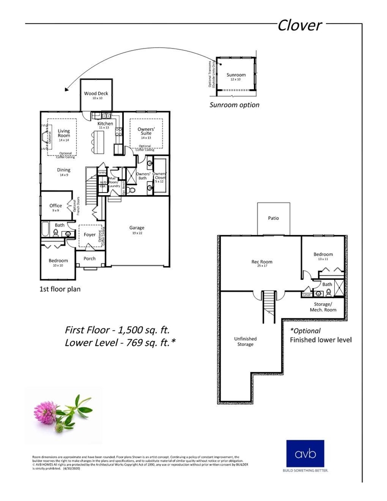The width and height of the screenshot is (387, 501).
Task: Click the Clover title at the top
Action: point(299,25)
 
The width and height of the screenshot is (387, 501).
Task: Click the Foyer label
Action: point(90,235)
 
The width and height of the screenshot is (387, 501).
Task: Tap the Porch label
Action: point(90,258)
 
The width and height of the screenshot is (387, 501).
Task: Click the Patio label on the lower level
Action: point(273,218)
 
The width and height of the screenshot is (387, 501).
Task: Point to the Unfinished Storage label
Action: point(245,341)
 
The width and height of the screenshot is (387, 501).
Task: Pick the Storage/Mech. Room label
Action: point(322,307)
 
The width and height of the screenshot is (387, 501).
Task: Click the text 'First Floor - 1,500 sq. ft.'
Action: point(117,330)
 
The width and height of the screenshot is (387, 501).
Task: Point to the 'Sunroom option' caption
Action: point(234,105)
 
